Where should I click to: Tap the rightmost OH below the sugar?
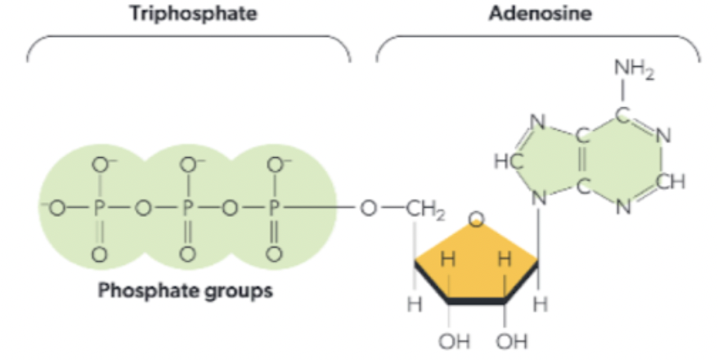click(511, 340)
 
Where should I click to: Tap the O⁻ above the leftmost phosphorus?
click(101, 164)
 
